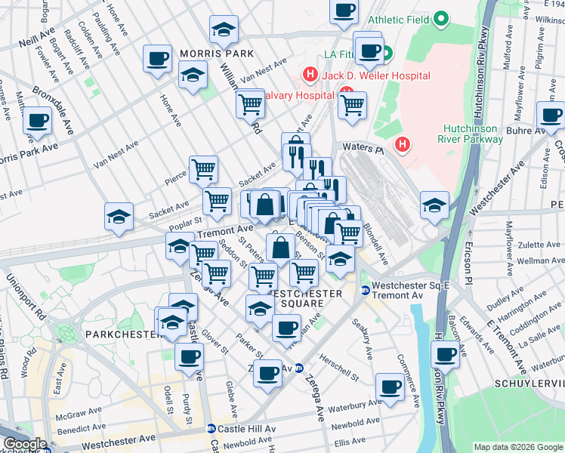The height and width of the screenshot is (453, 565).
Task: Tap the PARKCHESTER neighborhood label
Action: click(x=122, y=333)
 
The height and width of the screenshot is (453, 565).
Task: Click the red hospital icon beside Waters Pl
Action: click(x=404, y=143)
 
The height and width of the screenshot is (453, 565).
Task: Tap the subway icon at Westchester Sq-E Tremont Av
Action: click(x=366, y=291)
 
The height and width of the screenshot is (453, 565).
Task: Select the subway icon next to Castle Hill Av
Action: click(x=211, y=428)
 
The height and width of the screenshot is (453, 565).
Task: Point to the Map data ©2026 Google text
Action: click(x=517, y=447)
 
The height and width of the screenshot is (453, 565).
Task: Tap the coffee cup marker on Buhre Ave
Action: click(x=551, y=116)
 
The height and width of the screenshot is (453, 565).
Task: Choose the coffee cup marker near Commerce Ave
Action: click(x=391, y=387)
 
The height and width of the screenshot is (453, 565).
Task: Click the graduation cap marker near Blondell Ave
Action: click(x=434, y=205)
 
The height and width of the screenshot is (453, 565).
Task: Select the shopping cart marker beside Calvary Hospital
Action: click(x=352, y=106)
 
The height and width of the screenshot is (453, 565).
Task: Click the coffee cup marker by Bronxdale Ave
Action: click(x=37, y=121)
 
